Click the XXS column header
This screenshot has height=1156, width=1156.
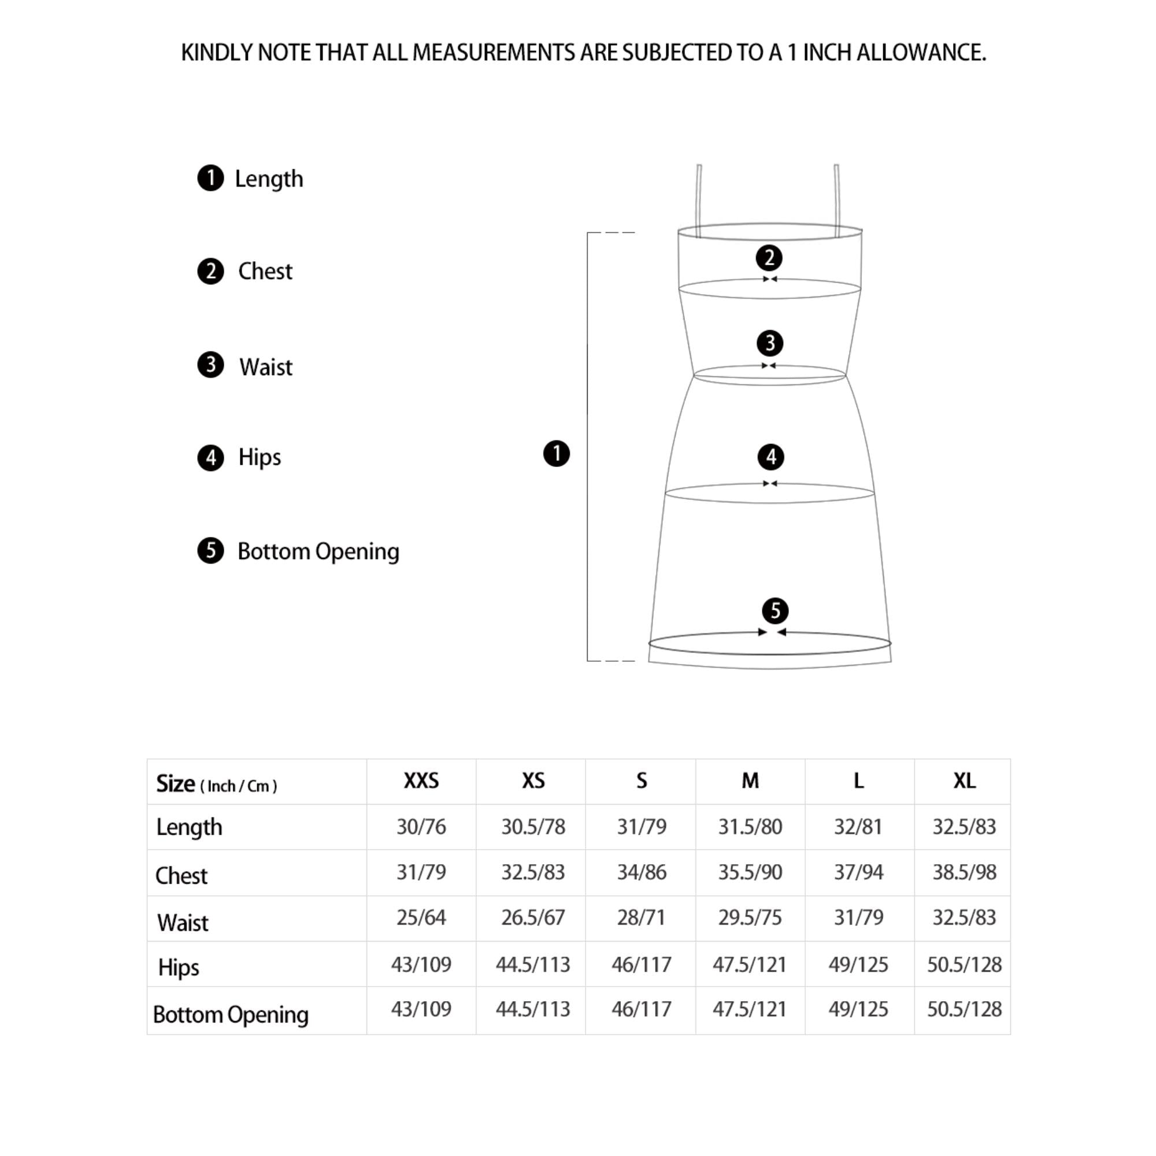pos(421,781)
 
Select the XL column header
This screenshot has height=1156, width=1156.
pos(964,781)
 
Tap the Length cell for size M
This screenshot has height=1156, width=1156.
pos(750,827)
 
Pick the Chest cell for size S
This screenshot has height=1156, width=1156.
pos(642,872)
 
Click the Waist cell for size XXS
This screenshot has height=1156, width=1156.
pos(421,918)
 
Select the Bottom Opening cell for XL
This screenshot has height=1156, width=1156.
pos(964,1009)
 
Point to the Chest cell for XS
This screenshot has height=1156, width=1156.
pos(532,872)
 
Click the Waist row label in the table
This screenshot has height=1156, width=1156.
pos(183,922)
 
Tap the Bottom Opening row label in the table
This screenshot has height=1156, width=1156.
pos(231,1015)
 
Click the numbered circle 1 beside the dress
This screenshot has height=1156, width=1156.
pos(557,454)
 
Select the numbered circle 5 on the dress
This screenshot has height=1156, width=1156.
pos(776,611)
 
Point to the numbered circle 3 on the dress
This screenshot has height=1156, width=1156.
pos(770,343)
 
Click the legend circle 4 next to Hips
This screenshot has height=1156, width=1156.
pos(210,458)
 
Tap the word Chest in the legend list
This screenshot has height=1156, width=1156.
pos(265,271)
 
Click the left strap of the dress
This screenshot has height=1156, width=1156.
pos(699,194)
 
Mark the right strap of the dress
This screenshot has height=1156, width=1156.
pos(837,194)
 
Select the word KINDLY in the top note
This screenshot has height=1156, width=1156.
pos(216,53)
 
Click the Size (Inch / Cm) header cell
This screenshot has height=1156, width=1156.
pos(217,784)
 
